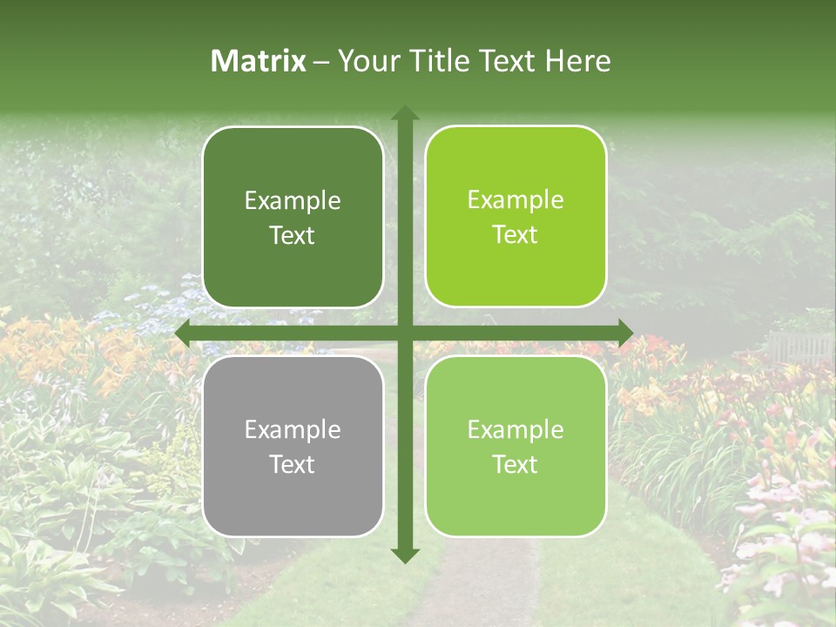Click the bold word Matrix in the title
(x=259, y=61)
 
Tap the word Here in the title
(x=578, y=61)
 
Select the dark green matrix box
(x=293, y=217)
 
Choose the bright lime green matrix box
(x=516, y=217)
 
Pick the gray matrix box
(x=293, y=446)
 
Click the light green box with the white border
(x=516, y=446)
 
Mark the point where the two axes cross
(x=404, y=332)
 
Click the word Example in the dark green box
(x=293, y=201)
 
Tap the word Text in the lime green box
(x=516, y=235)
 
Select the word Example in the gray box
(x=293, y=429)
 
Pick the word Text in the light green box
(x=516, y=464)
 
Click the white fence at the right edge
(x=800, y=346)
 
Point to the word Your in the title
(x=365, y=61)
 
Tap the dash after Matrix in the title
(x=321, y=62)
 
